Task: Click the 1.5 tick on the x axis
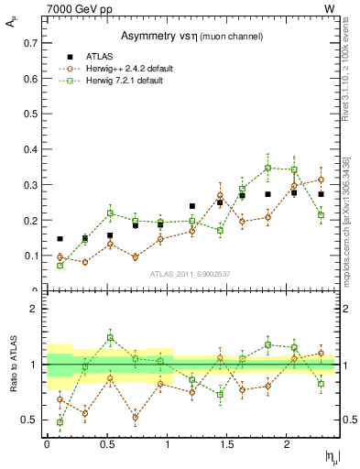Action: point(227,444)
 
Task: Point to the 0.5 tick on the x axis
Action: point(107,444)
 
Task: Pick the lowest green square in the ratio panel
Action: point(60,422)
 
